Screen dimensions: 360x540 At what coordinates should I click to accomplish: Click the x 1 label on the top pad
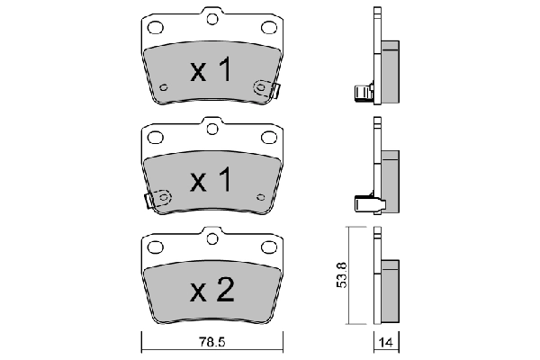pyautogui.click(x=211, y=71)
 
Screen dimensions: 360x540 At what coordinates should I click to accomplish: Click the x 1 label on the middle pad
pyautogui.click(x=211, y=181)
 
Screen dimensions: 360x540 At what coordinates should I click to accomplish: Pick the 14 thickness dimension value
pyautogui.click(x=385, y=343)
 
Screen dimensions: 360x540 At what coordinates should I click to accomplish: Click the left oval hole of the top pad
pyautogui.click(x=154, y=27)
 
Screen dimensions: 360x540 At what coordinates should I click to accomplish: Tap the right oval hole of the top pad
pyautogui.click(x=268, y=27)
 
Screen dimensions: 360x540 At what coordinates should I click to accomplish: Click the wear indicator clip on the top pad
pyautogui.click(x=266, y=89)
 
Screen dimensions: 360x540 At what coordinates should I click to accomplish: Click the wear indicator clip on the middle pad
pyautogui.click(x=158, y=199)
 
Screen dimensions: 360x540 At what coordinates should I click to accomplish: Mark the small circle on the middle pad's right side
pyautogui.click(x=261, y=196)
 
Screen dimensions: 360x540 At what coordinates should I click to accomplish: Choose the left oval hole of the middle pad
pyautogui.click(x=154, y=137)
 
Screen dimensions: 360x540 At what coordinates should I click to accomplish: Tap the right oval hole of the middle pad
pyautogui.click(x=268, y=137)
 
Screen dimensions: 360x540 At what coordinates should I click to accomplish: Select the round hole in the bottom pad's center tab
pyautogui.click(x=211, y=238)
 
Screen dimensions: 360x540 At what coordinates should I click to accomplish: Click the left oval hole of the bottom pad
pyautogui.click(x=154, y=246)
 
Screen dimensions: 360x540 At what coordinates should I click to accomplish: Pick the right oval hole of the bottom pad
pyautogui.click(x=268, y=246)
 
